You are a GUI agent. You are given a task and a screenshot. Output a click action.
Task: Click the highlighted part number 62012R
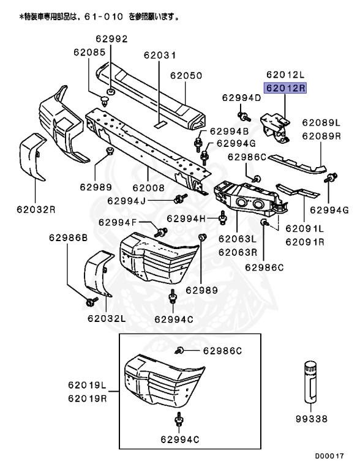point(284,88)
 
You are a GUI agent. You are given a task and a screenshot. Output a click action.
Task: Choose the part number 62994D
point(241,98)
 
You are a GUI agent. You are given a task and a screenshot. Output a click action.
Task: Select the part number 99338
point(310,419)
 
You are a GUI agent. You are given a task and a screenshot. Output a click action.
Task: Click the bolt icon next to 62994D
point(242,116)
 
